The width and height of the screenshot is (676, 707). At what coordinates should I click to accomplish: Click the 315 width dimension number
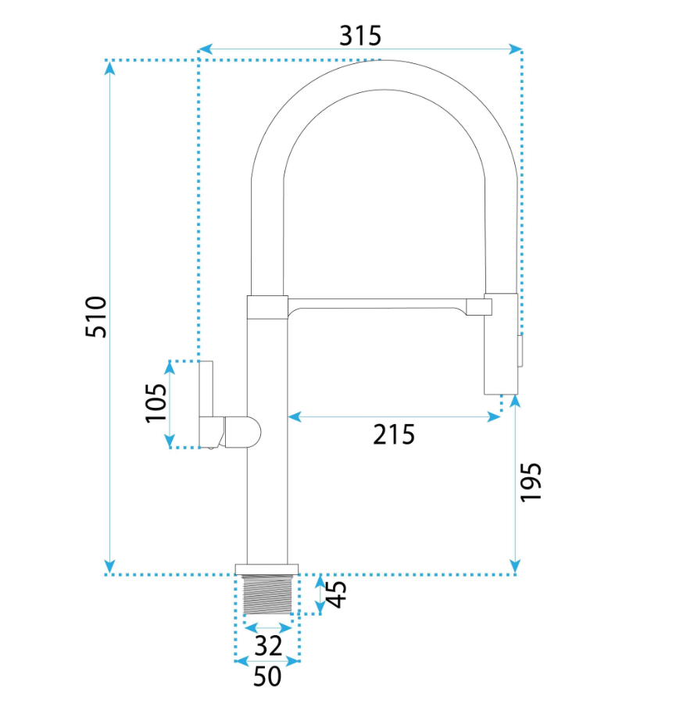pyautogui.click(x=359, y=36)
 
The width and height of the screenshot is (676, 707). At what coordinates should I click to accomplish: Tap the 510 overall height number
pyautogui.click(x=96, y=316)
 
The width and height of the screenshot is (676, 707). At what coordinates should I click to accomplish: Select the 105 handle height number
pyautogui.click(x=156, y=402)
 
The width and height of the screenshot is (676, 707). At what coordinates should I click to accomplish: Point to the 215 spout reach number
pyautogui.click(x=394, y=434)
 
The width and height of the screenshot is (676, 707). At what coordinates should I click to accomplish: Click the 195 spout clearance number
pyautogui.click(x=531, y=481)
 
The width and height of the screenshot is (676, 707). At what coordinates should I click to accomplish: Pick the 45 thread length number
pyautogui.click(x=336, y=595)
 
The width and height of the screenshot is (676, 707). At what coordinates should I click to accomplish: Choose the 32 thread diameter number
pyautogui.click(x=268, y=646)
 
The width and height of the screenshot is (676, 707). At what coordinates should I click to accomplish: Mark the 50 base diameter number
pyautogui.click(x=267, y=677)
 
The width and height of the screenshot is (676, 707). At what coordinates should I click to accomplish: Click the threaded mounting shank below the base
pyautogui.click(x=267, y=595)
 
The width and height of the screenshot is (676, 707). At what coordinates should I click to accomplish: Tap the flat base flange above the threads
pyautogui.click(x=267, y=570)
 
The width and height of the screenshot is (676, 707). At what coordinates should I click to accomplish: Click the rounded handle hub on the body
pyautogui.click(x=242, y=432)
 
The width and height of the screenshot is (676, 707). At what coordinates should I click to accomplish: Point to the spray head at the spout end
pyautogui.click(x=501, y=344)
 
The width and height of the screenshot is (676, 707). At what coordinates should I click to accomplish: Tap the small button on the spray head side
pyautogui.click(x=520, y=351)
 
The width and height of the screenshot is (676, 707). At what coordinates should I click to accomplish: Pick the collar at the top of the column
pyautogui.click(x=267, y=307)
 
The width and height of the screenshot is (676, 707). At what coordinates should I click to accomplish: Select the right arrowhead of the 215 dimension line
pyautogui.click(x=494, y=417)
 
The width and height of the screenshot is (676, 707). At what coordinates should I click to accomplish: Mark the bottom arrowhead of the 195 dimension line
pyautogui.click(x=516, y=567)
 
